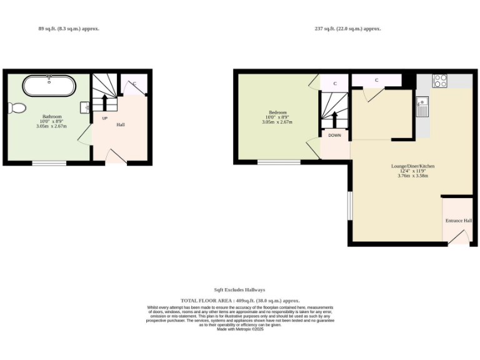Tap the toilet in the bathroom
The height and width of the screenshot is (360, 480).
(x=17, y=108)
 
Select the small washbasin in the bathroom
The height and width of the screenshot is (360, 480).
(x=85, y=107)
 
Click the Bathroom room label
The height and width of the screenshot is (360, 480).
(x=52, y=116)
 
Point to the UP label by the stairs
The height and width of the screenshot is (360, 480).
(x=104, y=118)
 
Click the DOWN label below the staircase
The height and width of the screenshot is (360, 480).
(x=335, y=135)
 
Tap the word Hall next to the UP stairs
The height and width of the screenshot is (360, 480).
(x=121, y=125)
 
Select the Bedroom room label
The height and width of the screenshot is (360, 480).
(x=278, y=112)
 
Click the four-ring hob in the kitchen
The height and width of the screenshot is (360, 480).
(x=440, y=81)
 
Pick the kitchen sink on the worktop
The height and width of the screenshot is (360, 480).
(x=423, y=107)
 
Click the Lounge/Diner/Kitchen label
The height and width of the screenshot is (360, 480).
(x=412, y=166)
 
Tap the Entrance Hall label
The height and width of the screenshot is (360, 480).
(x=458, y=221)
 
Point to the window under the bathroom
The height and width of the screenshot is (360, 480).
(x=49, y=163)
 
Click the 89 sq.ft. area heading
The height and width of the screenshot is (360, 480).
(x=69, y=29)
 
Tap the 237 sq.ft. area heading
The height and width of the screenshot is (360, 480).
(x=348, y=29)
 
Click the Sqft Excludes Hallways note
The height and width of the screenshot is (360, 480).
(x=239, y=290)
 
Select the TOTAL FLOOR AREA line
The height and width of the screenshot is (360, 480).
(x=240, y=301)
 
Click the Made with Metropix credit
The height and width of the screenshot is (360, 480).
(x=240, y=329)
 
